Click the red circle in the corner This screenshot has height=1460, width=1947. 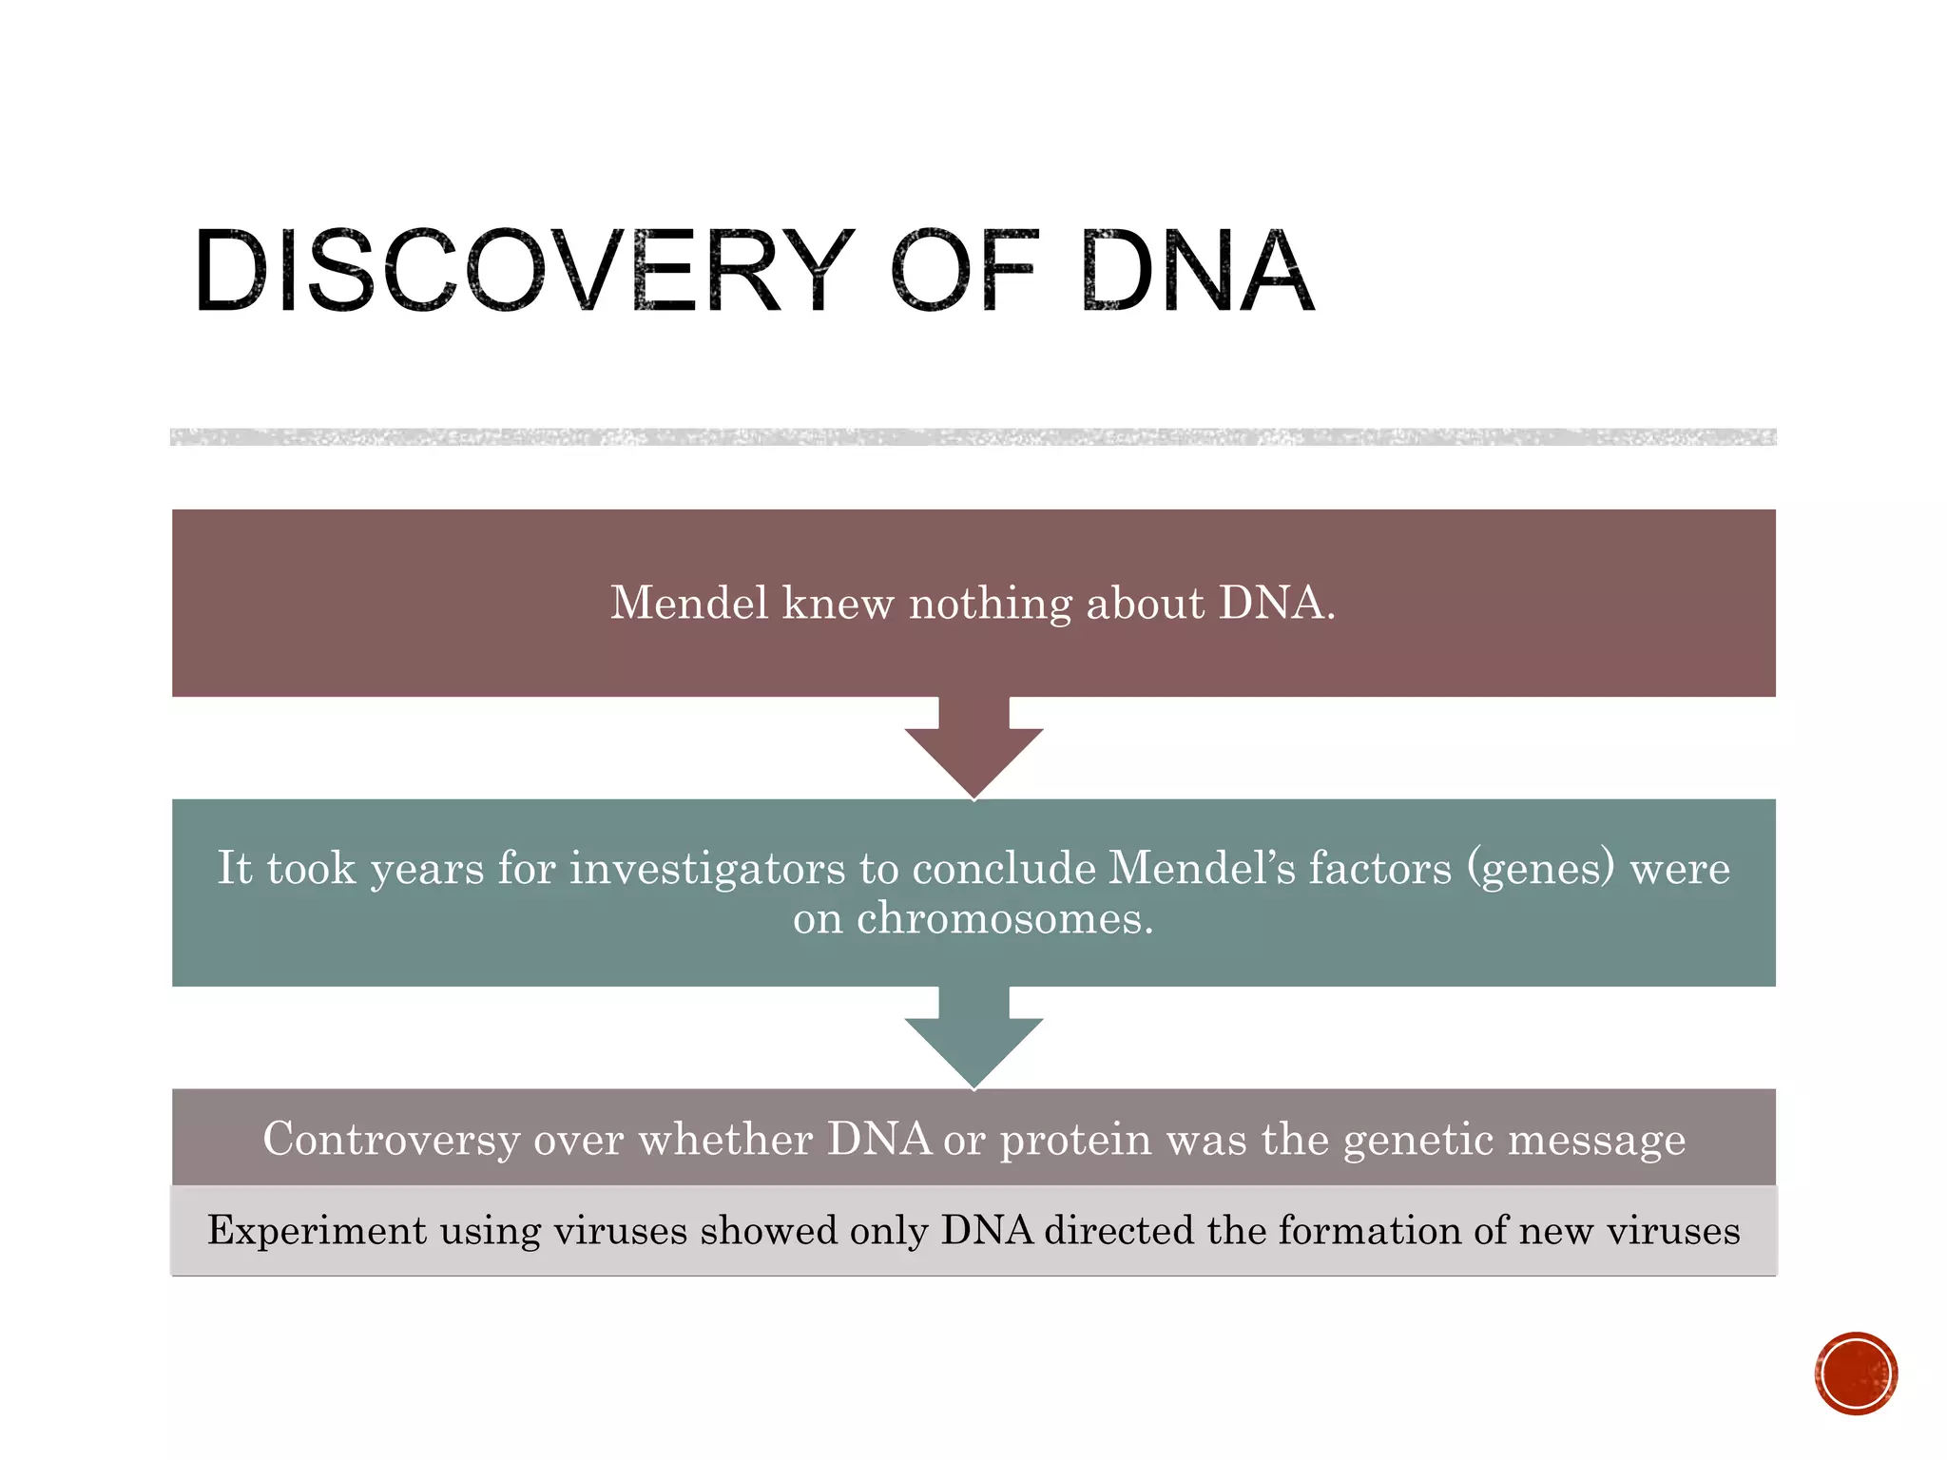(1856, 1374)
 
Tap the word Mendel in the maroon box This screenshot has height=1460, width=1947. (688, 603)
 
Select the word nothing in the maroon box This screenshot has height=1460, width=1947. (990, 605)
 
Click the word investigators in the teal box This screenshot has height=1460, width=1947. (706, 869)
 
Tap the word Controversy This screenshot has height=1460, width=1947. (391, 1139)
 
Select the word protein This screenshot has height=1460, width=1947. (1075, 1140)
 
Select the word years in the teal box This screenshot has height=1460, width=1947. (427, 869)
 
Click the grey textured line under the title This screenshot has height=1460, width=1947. (973, 437)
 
